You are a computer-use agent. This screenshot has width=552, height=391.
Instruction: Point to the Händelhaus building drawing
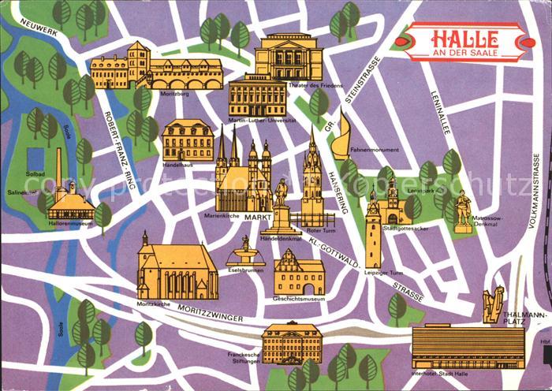click(x=188, y=140)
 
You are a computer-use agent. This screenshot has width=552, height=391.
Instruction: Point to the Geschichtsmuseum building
click(x=299, y=274)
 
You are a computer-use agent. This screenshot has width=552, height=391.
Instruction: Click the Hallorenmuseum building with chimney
click(x=69, y=201)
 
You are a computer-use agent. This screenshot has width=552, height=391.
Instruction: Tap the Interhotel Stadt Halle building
click(x=467, y=346)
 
